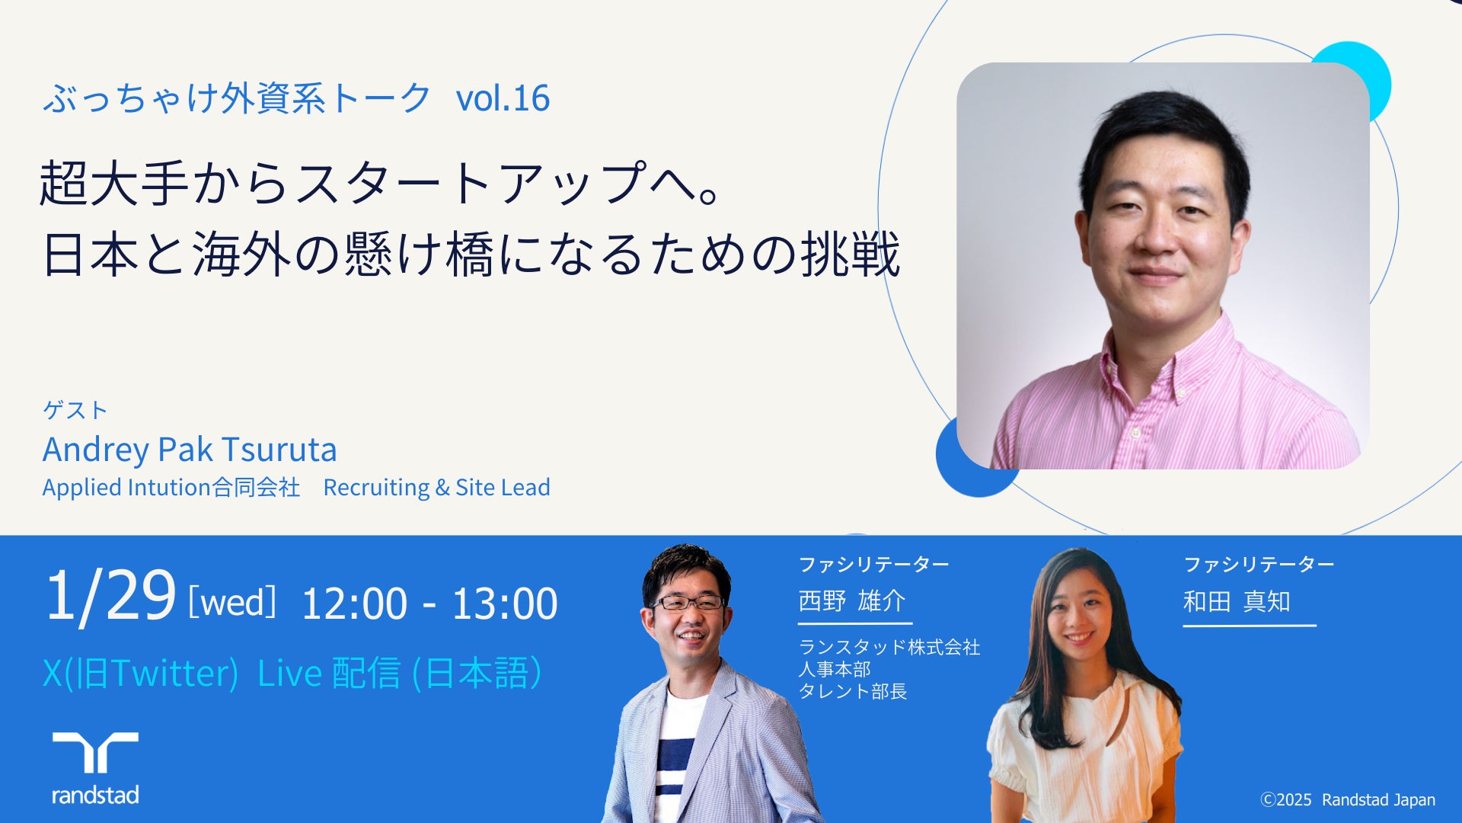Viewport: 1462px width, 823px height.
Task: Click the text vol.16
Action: pyautogui.click(x=503, y=98)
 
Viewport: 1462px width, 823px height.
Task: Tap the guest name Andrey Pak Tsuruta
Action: pyautogui.click(x=190, y=450)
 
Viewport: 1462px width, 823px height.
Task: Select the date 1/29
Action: pyautogui.click(x=110, y=595)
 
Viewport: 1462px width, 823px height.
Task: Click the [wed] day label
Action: pyautogui.click(x=232, y=602)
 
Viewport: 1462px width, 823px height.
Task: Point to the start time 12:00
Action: pyautogui.click(x=355, y=604)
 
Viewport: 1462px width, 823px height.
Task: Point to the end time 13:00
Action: pyautogui.click(x=505, y=604)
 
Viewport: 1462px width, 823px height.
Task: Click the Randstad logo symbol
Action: pyautogui.click(x=95, y=752)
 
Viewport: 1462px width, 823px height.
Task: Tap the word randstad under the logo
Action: pyautogui.click(x=95, y=796)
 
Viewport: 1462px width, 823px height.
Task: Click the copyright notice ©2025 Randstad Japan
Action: pyautogui.click(x=1348, y=799)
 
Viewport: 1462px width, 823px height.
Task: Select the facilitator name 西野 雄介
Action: pyautogui.click(x=852, y=600)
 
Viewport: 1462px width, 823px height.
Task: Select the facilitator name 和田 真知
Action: pyautogui.click(x=1237, y=601)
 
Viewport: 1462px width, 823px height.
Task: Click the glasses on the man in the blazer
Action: pyautogui.click(x=688, y=603)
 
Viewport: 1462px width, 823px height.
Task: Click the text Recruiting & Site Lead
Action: pyautogui.click(x=437, y=488)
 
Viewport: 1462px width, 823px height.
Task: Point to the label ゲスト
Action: pyautogui.click(x=75, y=410)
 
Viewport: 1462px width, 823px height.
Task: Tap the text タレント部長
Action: pyautogui.click(x=853, y=691)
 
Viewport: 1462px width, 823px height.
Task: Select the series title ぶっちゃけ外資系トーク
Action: pyautogui.click(x=237, y=98)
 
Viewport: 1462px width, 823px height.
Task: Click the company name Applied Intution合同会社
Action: pyautogui.click(x=171, y=488)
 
